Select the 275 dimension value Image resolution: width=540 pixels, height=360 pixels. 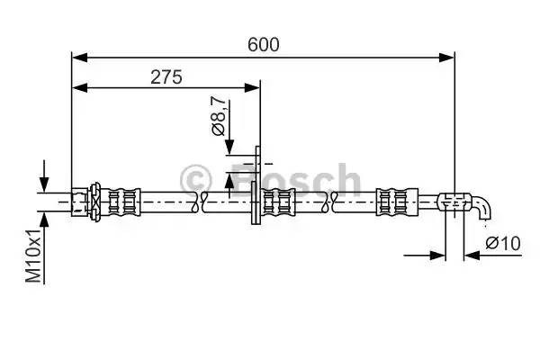tap(166, 76)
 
